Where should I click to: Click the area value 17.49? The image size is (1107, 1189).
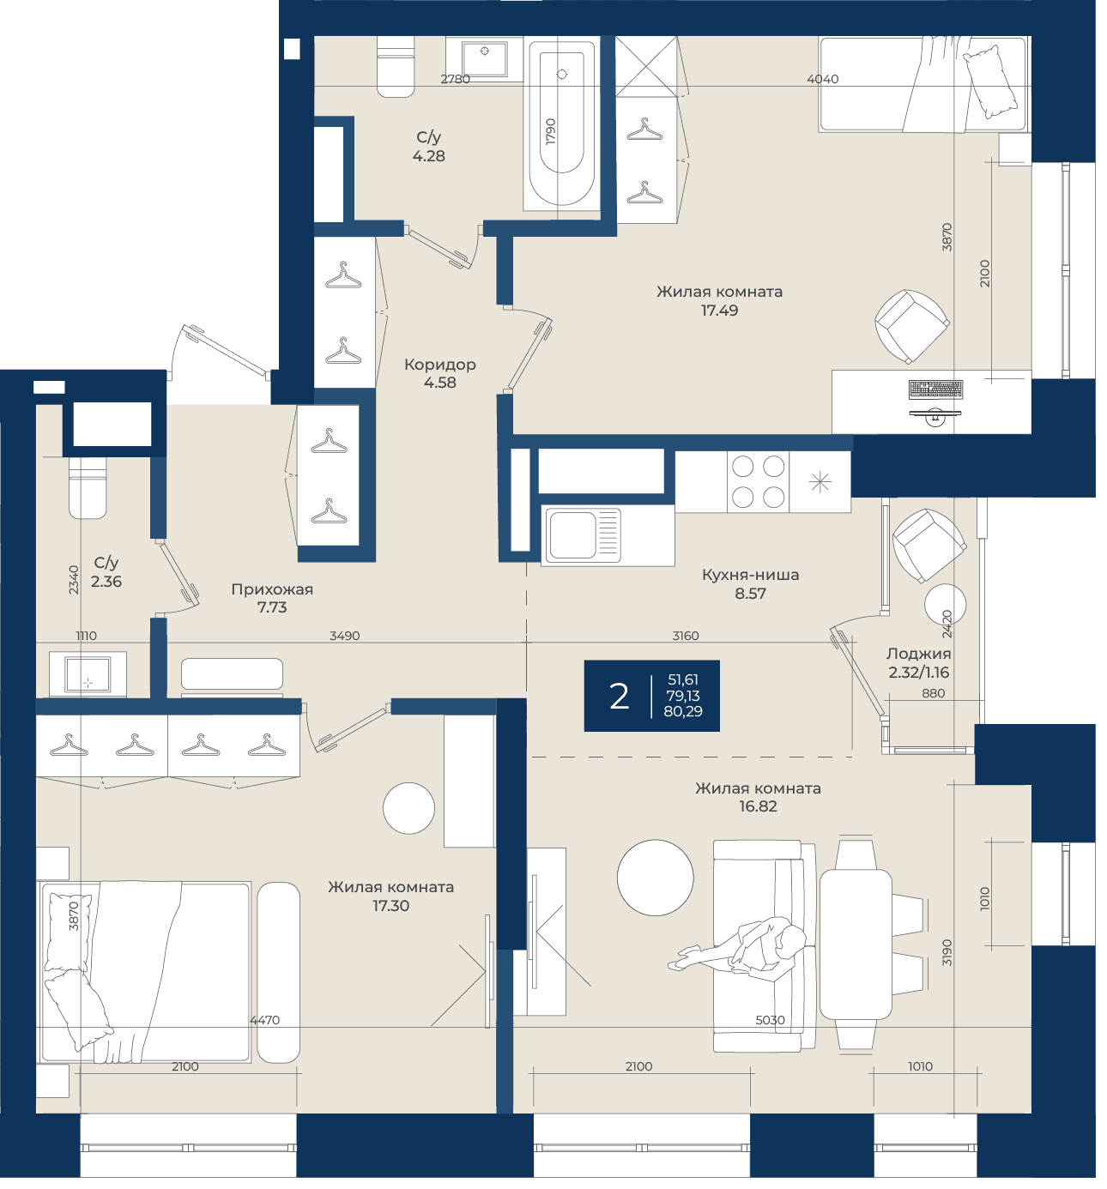point(719,311)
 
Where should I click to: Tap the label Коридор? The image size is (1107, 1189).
point(439,364)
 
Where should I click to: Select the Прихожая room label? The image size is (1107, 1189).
point(272,589)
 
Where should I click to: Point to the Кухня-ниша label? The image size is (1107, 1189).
point(751,575)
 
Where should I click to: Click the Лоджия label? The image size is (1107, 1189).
point(918,654)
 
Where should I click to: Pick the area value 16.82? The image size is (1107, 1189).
point(758,806)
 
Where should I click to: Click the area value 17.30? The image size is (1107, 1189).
point(390,906)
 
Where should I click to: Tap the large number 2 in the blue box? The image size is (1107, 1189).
point(619,697)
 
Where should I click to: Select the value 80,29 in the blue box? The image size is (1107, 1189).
point(683,711)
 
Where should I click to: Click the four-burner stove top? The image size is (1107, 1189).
point(758,481)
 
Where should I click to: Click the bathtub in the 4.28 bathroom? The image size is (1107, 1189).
point(561,124)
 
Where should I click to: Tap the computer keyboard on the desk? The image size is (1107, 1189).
point(935,389)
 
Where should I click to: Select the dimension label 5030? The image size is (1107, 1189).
point(770,1020)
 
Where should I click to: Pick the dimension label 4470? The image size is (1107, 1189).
point(265,1020)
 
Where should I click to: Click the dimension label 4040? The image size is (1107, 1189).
point(822,79)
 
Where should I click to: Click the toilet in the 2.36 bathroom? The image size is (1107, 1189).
point(88,488)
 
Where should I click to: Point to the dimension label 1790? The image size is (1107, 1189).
point(551,131)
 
